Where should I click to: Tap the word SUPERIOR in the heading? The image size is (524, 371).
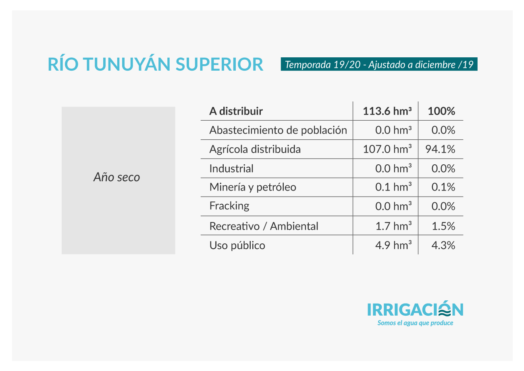coord(219,64)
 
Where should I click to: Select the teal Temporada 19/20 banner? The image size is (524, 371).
coord(379,64)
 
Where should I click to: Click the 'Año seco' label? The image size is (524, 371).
coord(116,176)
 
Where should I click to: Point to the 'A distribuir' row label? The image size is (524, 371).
coord(236,111)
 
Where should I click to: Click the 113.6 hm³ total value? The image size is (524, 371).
coord(387,111)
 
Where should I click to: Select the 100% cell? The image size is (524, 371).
coord(441,111)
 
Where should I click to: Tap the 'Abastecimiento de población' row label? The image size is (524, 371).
coord(278,130)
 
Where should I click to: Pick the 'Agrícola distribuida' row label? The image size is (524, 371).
coord(255,149)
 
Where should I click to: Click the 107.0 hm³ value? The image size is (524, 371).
coord(387,149)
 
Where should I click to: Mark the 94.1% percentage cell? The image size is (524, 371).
coord(440,149)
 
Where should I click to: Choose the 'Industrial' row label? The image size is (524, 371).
coord(231,168)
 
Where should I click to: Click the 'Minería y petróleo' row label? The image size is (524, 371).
coord(253,187)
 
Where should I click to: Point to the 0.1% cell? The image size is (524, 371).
coord(443,187)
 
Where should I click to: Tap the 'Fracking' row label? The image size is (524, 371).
coord(229,206)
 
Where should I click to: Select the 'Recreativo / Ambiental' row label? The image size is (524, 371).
coord(264,226)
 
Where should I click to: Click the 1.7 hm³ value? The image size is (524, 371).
coord(393,226)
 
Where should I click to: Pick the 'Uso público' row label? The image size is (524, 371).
coord(237,245)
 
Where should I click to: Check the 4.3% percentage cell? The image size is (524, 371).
coord(443,245)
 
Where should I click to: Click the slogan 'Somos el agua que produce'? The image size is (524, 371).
coord(415,323)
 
